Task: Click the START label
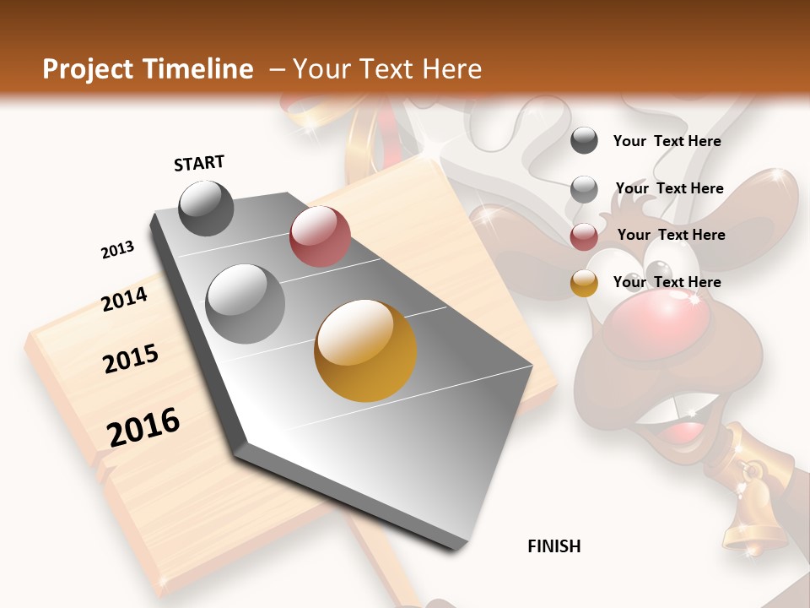pyautogui.click(x=199, y=163)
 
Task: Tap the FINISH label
pyautogui.click(x=554, y=546)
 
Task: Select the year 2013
pyautogui.click(x=117, y=250)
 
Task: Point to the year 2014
pyautogui.click(x=125, y=300)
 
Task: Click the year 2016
pyautogui.click(x=143, y=426)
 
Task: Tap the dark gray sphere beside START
pyautogui.click(x=206, y=208)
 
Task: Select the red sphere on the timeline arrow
pyautogui.click(x=320, y=236)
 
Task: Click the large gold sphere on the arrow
pyautogui.click(x=365, y=350)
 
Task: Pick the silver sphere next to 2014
pyautogui.click(x=246, y=303)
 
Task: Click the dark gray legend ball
pyautogui.click(x=584, y=140)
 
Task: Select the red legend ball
pyautogui.click(x=584, y=236)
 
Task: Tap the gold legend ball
pyautogui.click(x=584, y=283)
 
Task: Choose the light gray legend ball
pyautogui.click(x=584, y=188)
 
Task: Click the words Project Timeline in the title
pyautogui.click(x=148, y=69)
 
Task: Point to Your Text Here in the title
pyautogui.click(x=386, y=69)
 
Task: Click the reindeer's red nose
pyautogui.click(x=656, y=326)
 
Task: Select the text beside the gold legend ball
pyautogui.click(x=667, y=282)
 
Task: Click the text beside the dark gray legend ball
pyautogui.click(x=667, y=141)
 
